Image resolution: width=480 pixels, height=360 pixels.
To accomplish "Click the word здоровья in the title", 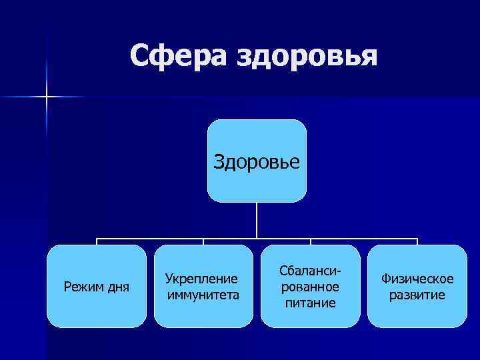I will [306, 57].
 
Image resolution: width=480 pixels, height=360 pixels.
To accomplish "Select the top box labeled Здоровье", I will [257, 161].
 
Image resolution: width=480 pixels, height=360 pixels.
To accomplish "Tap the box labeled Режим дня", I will [96, 286].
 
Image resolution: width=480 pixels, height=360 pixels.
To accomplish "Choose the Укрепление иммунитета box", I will [203, 286].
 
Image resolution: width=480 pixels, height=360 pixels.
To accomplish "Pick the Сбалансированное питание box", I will [310, 286].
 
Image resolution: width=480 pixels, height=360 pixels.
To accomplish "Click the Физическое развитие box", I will [417, 286].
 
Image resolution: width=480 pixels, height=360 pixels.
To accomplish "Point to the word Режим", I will [82, 287].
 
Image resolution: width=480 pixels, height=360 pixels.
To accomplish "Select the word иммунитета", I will [203, 294].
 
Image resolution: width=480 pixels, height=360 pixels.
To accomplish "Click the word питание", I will [310, 303].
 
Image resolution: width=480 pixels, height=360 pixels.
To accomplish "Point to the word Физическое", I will [417, 278].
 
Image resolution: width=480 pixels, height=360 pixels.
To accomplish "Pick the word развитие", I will [417, 295].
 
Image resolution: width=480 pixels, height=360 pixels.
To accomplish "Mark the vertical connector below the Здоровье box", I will [257, 220].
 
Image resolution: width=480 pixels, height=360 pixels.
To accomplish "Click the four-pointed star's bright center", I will [47, 97].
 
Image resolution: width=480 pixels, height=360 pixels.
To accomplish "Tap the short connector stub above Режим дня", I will [97, 241].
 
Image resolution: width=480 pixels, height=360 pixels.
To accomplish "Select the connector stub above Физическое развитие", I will [417, 241].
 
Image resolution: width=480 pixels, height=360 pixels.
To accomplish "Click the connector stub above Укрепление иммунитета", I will [203, 241].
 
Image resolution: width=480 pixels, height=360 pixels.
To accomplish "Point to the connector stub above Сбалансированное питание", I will [311, 241].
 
